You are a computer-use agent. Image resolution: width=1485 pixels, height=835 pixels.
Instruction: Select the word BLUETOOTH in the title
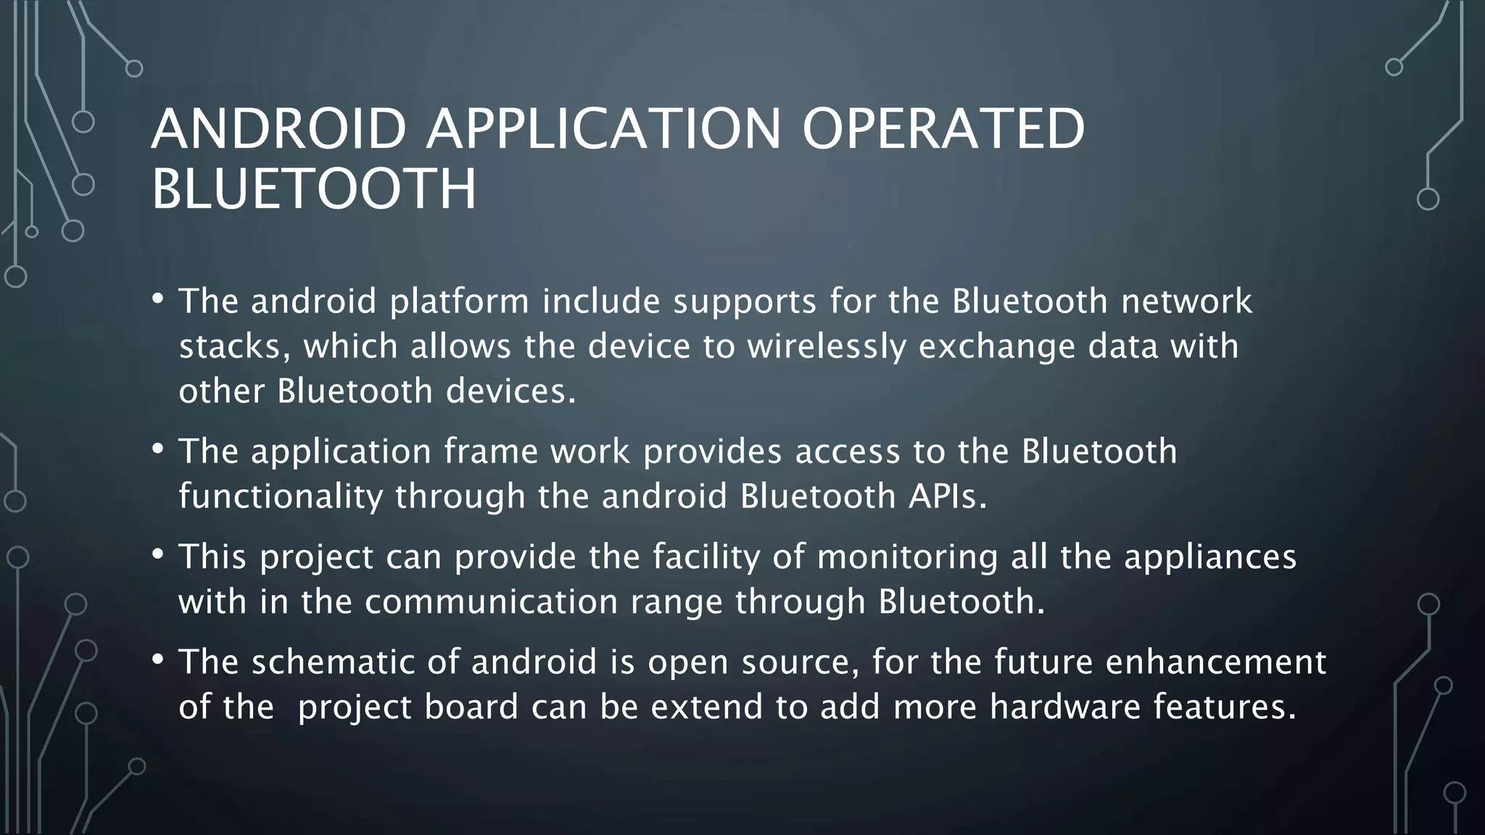(314, 189)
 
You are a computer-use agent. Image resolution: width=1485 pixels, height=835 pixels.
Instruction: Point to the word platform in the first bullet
(459, 302)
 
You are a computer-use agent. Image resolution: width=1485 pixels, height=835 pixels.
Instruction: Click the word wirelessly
(827, 346)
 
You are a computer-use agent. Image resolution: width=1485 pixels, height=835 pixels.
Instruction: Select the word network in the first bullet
(1186, 302)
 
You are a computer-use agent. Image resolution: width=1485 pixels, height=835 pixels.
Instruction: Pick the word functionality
(281, 497)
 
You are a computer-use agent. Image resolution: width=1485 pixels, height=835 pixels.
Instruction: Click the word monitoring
(908, 557)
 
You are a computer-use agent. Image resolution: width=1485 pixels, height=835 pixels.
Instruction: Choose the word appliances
(1210, 557)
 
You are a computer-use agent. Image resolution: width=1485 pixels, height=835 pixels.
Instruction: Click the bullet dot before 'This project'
(158, 555)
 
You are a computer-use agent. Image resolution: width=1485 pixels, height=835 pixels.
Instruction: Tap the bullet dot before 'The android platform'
(158, 299)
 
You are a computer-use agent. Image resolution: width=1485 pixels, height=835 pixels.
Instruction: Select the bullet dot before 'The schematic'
(158, 660)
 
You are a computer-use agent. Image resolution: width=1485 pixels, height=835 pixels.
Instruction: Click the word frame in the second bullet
(490, 452)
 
